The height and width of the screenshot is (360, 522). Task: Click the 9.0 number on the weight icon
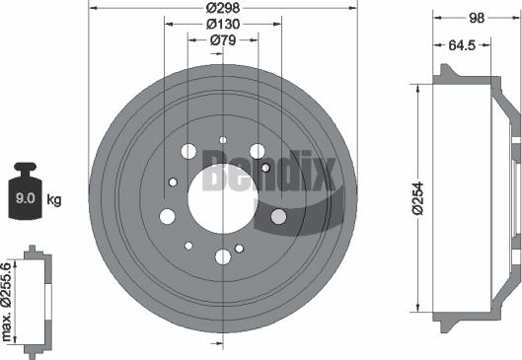tap(24, 201)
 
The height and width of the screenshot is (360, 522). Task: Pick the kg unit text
tap(54, 201)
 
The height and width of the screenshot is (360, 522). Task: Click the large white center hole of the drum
tap(223, 183)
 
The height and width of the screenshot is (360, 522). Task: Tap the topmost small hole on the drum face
tap(223, 140)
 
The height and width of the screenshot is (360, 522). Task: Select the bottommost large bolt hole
tap(223, 256)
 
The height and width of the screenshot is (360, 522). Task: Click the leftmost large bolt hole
tap(166, 216)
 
